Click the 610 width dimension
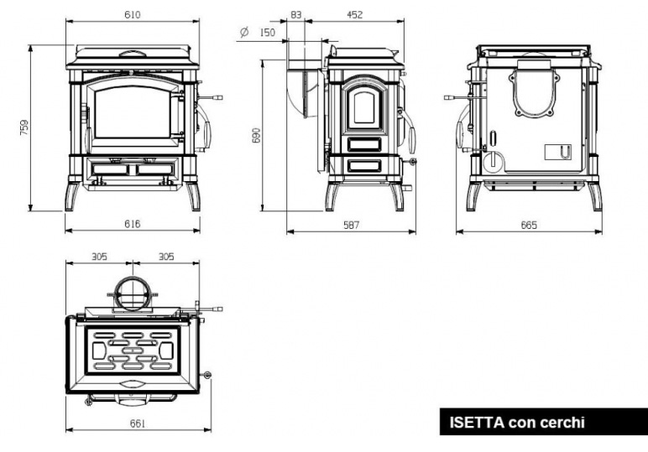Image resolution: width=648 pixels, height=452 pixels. (x=133, y=15)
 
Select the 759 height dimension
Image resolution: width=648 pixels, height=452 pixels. (x=24, y=127)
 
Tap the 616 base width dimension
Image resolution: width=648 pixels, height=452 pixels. (x=133, y=224)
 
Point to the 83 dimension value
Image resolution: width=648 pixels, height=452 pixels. (x=296, y=15)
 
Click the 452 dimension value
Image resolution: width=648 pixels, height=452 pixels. (x=354, y=15)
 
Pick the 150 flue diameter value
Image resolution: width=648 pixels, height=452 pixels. (x=268, y=32)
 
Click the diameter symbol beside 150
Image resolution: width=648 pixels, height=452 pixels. (x=244, y=32)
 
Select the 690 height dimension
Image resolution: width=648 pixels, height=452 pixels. (x=257, y=135)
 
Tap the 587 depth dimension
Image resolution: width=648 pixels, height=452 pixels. (x=351, y=225)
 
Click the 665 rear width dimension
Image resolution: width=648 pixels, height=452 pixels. (x=529, y=225)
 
